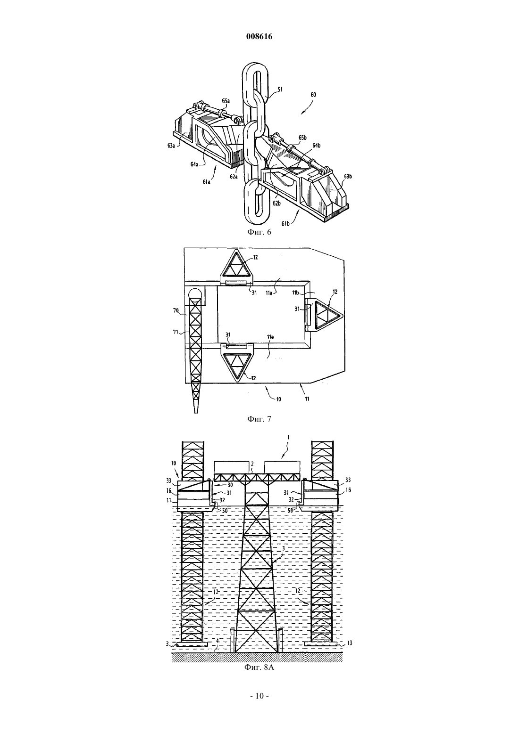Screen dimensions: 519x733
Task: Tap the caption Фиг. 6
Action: coord(259,232)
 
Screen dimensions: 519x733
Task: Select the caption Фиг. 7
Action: coord(259,418)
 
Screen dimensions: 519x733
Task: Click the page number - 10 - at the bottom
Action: coord(259,705)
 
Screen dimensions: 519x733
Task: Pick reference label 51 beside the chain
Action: coord(280,89)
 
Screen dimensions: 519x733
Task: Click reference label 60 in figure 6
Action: coord(313,95)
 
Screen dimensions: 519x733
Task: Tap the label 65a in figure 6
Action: coord(226,101)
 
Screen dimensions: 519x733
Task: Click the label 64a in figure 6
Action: coord(194,164)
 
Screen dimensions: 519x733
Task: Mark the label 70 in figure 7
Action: coord(176,310)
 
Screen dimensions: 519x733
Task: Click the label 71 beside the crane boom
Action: coord(176,332)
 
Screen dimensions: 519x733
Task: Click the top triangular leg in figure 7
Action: coord(236,266)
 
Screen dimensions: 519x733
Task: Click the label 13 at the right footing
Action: coord(350,643)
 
